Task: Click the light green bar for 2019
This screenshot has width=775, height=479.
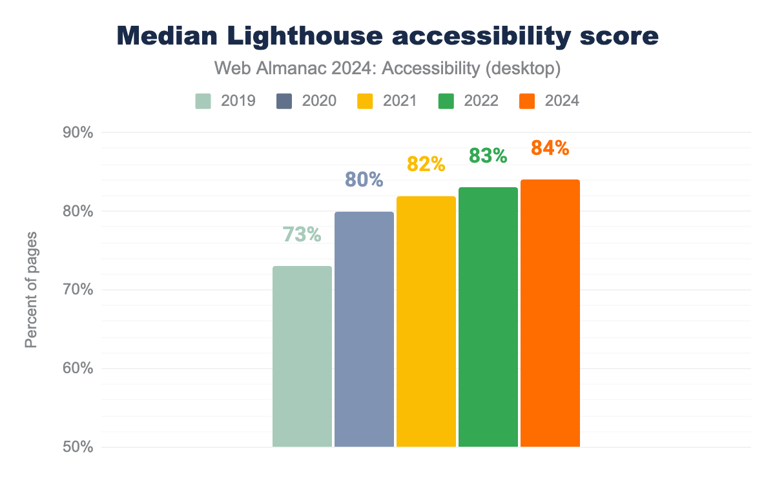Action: point(302,356)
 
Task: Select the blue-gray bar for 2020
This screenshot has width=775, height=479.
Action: point(364,329)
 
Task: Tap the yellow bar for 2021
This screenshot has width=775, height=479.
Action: point(426,321)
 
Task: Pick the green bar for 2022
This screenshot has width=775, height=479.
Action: point(488,317)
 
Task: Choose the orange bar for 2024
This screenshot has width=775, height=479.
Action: point(550,313)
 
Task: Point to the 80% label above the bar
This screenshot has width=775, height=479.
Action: point(364,180)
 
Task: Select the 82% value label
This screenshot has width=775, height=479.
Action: point(426,165)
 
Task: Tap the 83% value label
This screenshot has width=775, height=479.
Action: point(488,156)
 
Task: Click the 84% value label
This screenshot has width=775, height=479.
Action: point(550,148)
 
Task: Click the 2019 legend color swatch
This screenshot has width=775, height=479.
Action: point(203,101)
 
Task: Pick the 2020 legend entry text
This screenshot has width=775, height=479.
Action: point(318,101)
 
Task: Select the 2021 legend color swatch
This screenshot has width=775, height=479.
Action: point(365,101)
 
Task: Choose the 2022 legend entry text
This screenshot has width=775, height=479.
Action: point(480,101)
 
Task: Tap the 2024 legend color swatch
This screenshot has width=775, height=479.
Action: point(527,101)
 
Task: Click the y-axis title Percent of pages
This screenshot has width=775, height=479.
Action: point(31,290)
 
